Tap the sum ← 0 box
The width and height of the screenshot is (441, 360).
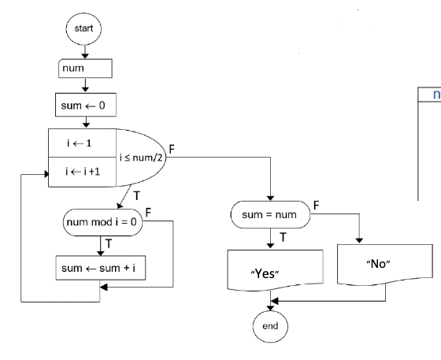click(x=82, y=104)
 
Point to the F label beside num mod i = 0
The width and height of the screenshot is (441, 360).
click(x=148, y=213)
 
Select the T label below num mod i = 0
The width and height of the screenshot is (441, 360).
click(x=108, y=243)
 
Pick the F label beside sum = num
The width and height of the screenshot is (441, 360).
click(x=317, y=204)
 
